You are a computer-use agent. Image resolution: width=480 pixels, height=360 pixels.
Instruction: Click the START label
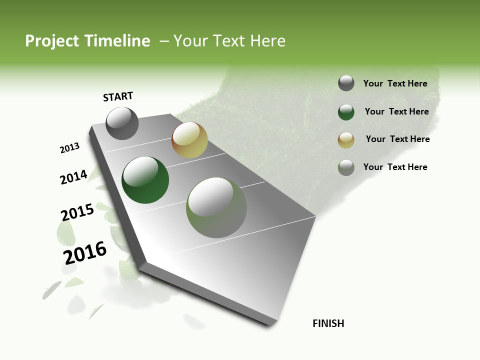118,96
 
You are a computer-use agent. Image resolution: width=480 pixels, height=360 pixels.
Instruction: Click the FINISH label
328,323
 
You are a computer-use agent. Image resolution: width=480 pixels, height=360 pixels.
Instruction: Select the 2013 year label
69,148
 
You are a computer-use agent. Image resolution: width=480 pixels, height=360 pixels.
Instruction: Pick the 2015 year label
77,212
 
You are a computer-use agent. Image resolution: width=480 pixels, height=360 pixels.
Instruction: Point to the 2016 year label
85,253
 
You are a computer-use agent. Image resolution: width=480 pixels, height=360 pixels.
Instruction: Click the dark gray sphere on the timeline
122,123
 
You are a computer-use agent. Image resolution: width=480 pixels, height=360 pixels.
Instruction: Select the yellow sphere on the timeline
189,140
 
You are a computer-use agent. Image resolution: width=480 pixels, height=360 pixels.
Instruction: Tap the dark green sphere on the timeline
145,180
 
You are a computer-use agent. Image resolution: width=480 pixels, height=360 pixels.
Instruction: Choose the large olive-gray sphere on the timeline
216,207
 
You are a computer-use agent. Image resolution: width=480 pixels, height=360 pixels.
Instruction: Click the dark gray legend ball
346,83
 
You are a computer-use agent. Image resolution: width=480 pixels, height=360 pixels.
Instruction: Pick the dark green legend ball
346,112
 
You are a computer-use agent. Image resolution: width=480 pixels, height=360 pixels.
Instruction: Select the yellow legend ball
346,140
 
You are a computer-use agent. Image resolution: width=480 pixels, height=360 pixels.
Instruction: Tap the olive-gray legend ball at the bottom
346,167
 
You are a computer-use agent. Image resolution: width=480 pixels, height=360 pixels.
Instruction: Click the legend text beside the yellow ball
397,139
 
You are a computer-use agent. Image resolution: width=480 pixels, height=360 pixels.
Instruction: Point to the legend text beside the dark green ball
396,111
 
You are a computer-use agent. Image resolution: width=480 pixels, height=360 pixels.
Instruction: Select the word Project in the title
52,41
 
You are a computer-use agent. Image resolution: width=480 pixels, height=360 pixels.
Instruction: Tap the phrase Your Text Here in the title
229,41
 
